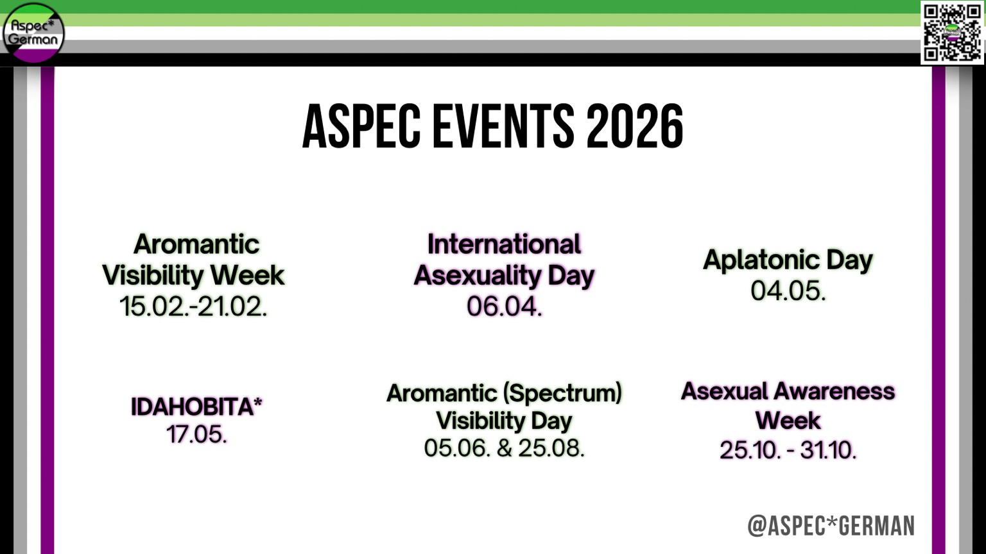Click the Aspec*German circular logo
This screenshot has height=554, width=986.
coord(33,33)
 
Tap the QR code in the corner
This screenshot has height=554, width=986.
coord(952,33)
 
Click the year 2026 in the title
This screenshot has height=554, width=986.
coord(635,126)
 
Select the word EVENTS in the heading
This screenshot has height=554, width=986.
coord(503,126)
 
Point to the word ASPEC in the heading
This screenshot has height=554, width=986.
coord(361,126)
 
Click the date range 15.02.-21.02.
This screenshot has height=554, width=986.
coord(193,306)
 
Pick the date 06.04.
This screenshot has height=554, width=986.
coord(504,306)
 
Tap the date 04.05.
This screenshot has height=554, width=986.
coord(788,291)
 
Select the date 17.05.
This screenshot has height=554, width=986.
coord(197,434)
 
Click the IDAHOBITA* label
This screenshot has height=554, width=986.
coord(196,407)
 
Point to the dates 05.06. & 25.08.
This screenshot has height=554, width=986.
coord(504,448)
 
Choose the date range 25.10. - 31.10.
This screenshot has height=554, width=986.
coord(788,449)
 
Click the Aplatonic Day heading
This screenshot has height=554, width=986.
coord(788,260)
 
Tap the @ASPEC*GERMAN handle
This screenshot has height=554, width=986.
coord(831,526)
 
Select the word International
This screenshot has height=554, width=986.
coord(504,244)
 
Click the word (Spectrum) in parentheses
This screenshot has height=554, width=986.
coord(562,392)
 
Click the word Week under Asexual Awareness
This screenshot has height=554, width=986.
coord(788,421)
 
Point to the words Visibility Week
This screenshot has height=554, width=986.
coord(193,276)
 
